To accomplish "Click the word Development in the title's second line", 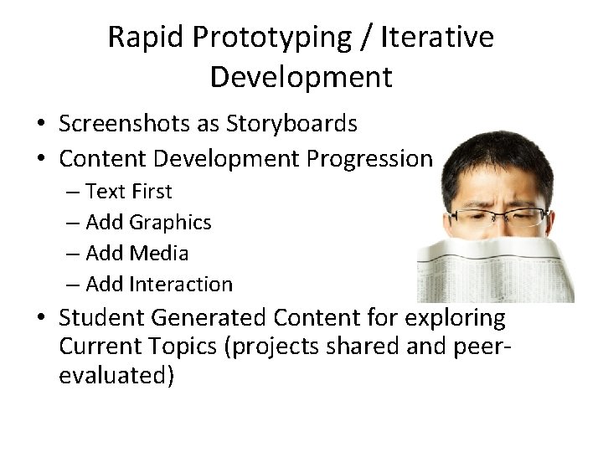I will pos(301,76).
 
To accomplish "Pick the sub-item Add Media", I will pos(137,254).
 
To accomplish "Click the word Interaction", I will pos(181,285).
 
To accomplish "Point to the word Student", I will pos(100,319).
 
